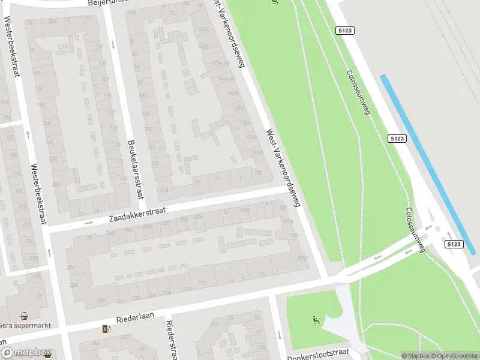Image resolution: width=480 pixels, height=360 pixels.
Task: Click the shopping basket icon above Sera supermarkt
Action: [24, 316]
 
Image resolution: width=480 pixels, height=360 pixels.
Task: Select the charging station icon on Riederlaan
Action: [107, 329]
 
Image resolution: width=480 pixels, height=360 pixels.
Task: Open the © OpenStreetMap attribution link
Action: [455, 356]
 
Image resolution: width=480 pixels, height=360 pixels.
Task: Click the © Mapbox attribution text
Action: [416, 356]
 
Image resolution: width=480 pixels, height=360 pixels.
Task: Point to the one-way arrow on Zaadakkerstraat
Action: [88, 223]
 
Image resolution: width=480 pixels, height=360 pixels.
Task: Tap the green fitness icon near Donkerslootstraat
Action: [314, 320]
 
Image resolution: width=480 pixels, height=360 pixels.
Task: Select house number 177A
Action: [249, 137]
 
